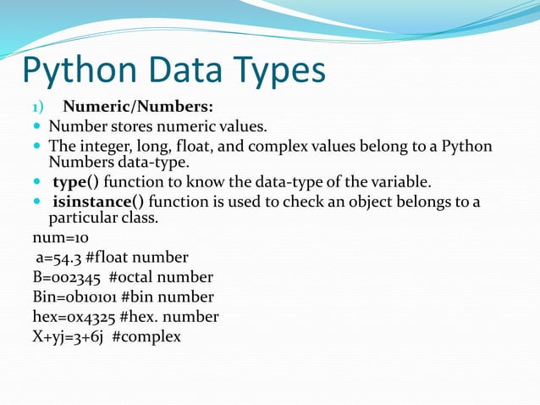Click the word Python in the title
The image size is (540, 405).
click(71, 71)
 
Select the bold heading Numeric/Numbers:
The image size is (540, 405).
click(138, 108)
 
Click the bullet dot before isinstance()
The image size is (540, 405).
click(36, 202)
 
